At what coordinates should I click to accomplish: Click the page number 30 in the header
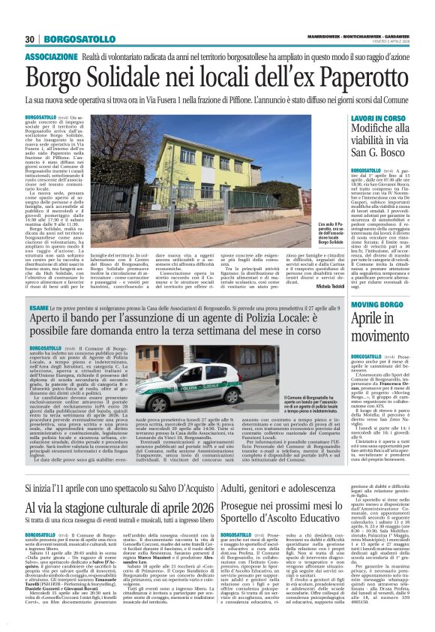pos(30,39)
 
